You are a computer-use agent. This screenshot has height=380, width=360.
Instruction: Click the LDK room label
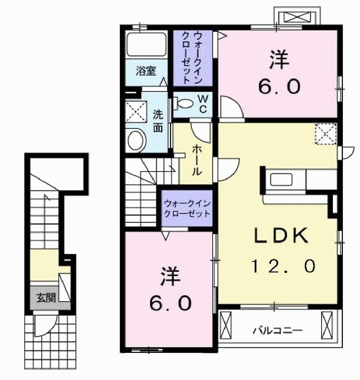(281, 235)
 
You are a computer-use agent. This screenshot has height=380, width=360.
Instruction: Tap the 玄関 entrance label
(46, 298)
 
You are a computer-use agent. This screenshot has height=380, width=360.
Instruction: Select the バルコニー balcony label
(278, 331)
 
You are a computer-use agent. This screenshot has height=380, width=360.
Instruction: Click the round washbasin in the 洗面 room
(136, 141)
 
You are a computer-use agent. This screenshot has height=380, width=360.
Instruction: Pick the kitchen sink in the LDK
(281, 180)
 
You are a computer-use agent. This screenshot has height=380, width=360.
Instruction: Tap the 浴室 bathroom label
(146, 71)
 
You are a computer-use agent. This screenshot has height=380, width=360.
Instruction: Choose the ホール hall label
(197, 161)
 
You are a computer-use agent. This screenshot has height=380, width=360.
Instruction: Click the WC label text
(203, 104)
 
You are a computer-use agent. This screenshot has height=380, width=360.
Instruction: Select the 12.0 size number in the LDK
(283, 266)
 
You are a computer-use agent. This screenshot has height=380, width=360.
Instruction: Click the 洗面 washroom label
(158, 121)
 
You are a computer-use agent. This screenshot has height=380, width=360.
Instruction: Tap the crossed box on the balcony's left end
(226, 325)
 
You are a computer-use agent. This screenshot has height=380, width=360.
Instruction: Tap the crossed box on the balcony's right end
(327, 325)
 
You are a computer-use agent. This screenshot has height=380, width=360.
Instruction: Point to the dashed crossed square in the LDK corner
(326, 134)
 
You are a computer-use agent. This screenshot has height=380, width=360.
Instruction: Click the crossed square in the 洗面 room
(136, 112)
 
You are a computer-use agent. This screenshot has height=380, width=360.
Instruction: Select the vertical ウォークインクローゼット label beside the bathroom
(192, 58)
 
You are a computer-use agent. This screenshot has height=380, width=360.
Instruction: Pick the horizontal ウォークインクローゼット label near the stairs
(187, 208)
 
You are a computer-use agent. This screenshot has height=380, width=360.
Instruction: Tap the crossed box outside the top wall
(297, 18)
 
